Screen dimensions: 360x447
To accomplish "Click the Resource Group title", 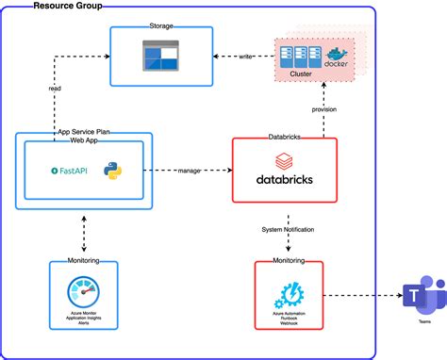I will point(68,7).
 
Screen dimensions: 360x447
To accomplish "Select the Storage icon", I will point(162,57).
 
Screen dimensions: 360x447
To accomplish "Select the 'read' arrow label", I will point(56,90).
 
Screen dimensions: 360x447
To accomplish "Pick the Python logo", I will point(114,171).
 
